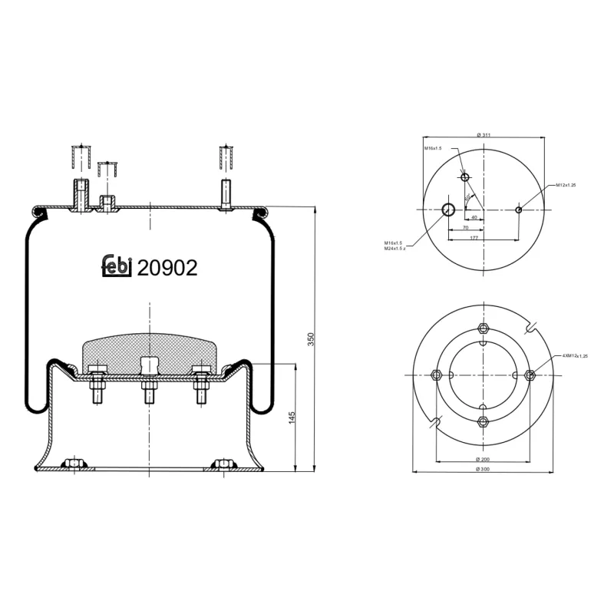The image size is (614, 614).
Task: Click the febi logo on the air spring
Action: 117,266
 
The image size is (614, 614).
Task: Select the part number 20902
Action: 167,267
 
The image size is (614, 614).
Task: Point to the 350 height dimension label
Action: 311,340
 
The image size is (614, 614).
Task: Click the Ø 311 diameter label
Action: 484,134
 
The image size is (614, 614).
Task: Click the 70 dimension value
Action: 465,228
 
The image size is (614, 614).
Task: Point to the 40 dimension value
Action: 474,217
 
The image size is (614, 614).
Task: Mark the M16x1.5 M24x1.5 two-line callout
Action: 396,246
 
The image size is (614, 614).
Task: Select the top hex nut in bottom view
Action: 483,328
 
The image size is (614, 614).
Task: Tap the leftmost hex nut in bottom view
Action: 437,375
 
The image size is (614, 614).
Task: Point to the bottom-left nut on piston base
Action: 74,464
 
